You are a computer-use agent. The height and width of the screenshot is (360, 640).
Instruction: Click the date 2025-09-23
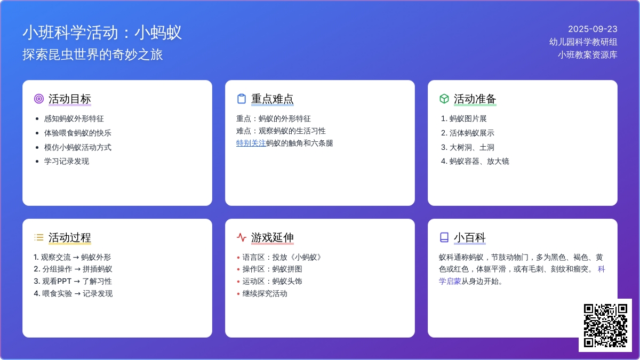pyautogui.click(x=593, y=29)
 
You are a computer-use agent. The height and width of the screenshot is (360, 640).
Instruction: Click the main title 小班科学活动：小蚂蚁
pyautogui.click(x=102, y=33)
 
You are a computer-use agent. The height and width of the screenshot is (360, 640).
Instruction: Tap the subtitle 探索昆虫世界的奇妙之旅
pyautogui.click(x=93, y=54)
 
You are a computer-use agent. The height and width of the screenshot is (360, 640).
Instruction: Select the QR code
pyautogui.click(x=605, y=325)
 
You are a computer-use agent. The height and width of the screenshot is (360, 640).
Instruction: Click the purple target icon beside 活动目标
pyautogui.click(x=39, y=99)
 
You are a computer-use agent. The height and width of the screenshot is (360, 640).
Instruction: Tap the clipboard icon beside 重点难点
pyautogui.click(x=242, y=99)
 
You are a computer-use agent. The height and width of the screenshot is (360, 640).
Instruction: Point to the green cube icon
pyautogui.click(x=444, y=99)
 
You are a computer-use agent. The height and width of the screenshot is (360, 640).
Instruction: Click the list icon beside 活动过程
pyautogui.click(x=39, y=237)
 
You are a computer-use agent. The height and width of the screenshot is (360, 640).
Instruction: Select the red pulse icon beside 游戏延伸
pyautogui.click(x=242, y=237)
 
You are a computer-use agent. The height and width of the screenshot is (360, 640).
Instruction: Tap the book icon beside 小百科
pyautogui.click(x=444, y=237)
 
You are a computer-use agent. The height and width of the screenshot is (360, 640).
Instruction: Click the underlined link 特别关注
pyautogui.click(x=251, y=143)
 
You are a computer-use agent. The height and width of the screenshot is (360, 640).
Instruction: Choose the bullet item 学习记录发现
pyautogui.click(x=67, y=162)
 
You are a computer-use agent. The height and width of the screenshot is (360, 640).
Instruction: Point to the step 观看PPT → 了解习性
pyautogui.click(x=73, y=282)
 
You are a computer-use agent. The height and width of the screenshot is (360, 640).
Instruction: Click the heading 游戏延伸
pyautogui.click(x=273, y=237)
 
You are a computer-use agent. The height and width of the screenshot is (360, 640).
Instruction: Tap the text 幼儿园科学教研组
pyautogui.click(x=583, y=42)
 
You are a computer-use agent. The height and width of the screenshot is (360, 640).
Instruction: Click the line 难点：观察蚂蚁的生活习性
pyautogui.click(x=281, y=131)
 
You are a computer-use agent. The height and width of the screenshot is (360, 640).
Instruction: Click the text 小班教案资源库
pyautogui.click(x=587, y=55)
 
